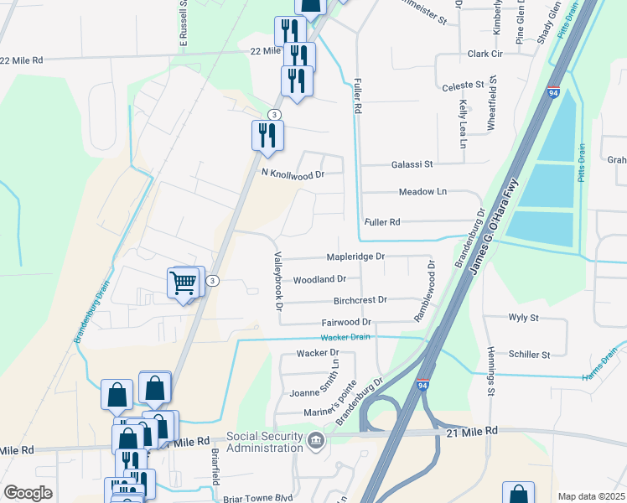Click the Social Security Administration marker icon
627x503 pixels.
click(315, 440)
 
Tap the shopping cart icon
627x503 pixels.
click(184, 283)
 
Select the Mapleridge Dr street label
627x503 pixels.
click(355, 257)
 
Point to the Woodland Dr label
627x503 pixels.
click(319, 279)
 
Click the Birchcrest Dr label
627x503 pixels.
click(360, 299)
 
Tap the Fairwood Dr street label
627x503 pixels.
click(346, 322)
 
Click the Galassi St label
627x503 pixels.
click(411, 165)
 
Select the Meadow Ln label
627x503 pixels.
click(422, 192)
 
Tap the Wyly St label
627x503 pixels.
click(523, 318)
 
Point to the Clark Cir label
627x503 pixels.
click(484, 54)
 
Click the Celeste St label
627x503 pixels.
click(463, 86)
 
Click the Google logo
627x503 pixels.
click(28, 493)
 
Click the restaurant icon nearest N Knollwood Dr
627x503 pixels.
click(267, 135)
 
